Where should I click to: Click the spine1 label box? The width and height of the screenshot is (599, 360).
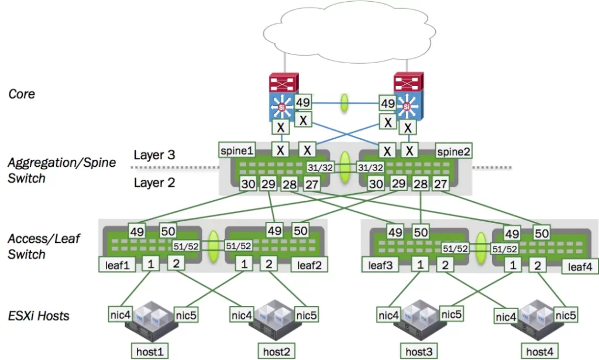tap(237, 150)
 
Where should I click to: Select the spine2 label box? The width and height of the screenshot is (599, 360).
tap(454, 151)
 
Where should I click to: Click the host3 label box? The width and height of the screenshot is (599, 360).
tap(419, 352)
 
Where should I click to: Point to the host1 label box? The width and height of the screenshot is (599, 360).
tap(147, 352)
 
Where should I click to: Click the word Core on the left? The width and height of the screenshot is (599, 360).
tap(22, 94)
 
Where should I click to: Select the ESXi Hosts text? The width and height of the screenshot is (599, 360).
tap(39, 316)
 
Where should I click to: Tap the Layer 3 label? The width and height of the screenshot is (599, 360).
tap(154, 155)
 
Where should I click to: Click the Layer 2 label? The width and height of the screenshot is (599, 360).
tap(154, 183)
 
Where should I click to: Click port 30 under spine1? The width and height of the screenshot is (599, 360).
tap(247, 185)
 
